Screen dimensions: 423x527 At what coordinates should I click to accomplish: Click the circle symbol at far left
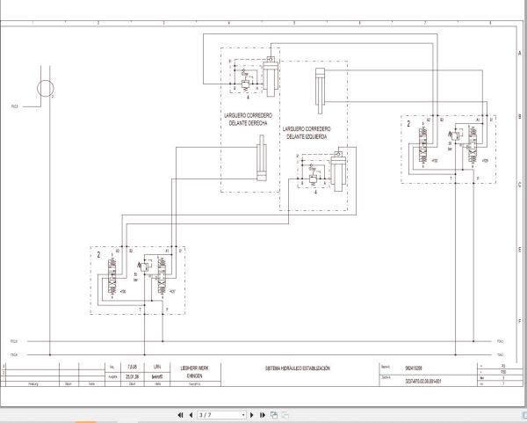click(x=44, y=86)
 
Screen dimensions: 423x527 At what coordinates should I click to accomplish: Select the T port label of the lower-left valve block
click(x=140, y=309)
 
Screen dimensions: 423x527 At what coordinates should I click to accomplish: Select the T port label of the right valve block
click(x=451, y=178)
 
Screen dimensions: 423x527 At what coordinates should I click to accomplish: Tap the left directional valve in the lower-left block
click(x=116, y=282)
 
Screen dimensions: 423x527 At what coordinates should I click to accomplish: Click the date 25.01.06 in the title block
click(x=133, y=375)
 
